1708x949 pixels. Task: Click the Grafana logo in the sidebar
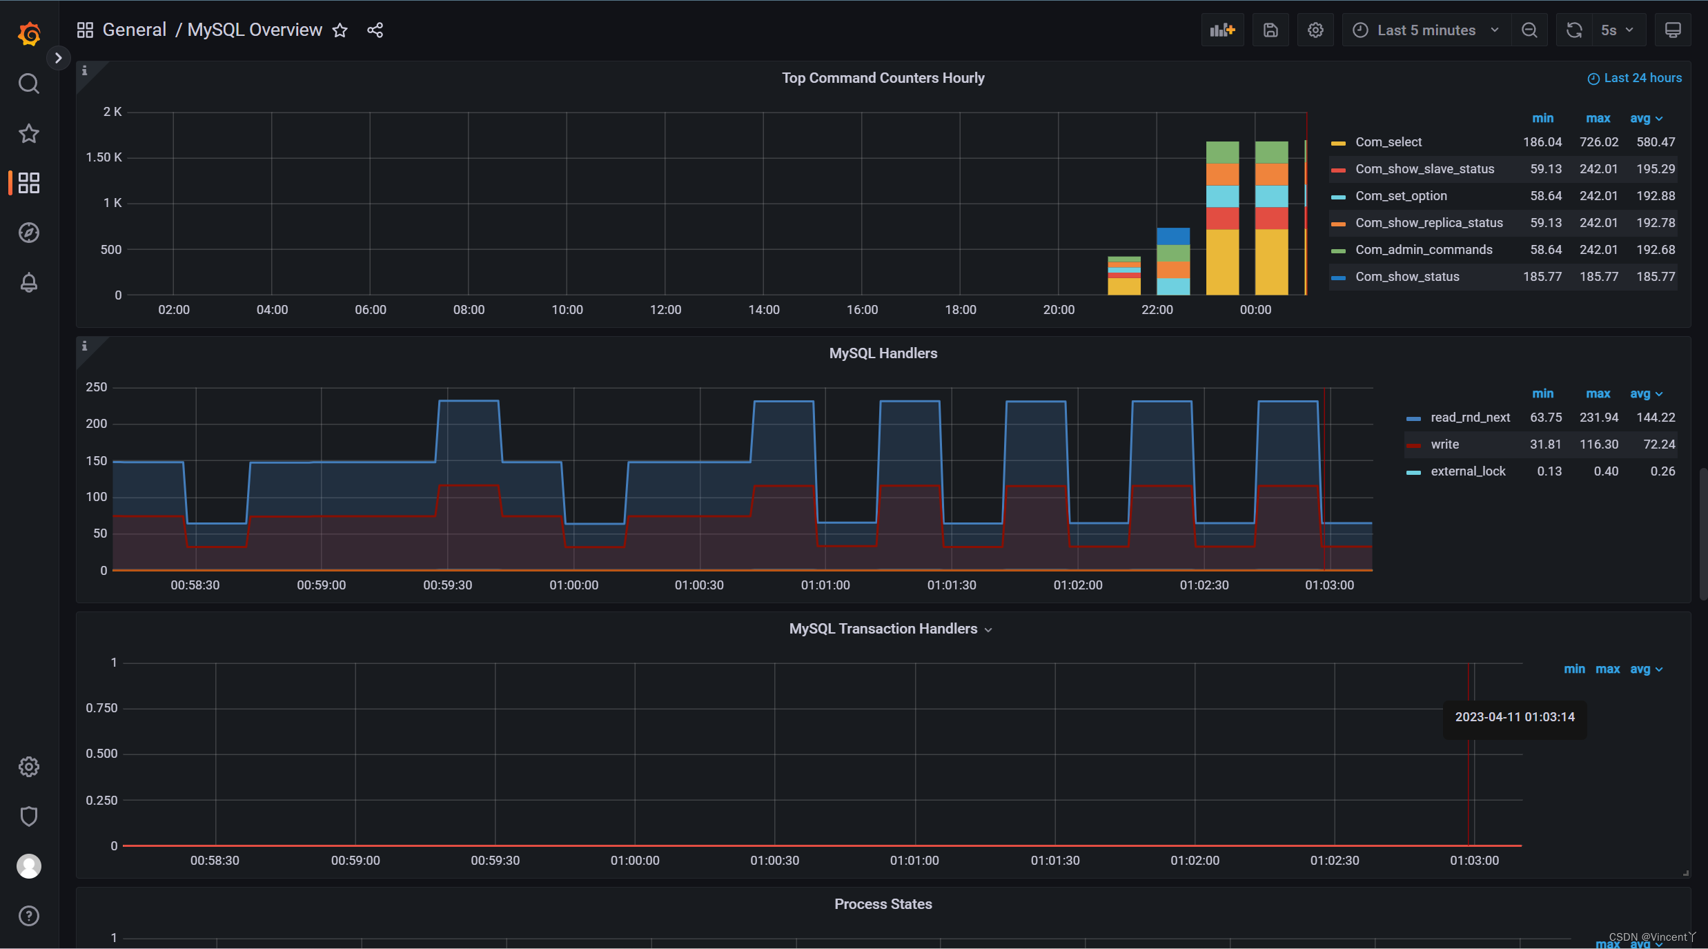29,33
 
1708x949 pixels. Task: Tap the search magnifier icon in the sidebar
29,84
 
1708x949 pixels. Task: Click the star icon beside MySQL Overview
340,30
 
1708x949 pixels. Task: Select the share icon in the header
375,30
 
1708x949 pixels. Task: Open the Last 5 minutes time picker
1426,30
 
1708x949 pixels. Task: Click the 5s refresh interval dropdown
1617,30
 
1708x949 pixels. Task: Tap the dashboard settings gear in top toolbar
1315,30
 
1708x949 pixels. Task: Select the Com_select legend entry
1388,142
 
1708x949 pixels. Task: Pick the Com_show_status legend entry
1407,277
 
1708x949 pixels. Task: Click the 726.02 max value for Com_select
1598,142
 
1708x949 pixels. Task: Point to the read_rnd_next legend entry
1470,418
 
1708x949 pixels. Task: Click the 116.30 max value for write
1598,444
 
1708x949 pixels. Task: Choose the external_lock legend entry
1468,471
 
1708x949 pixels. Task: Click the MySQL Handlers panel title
883,353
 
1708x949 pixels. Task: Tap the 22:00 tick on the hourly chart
1157,310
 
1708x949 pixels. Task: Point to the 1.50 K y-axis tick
104,157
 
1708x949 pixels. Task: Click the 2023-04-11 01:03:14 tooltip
1515,717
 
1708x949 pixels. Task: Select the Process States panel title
883,904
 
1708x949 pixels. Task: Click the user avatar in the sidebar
29,866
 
